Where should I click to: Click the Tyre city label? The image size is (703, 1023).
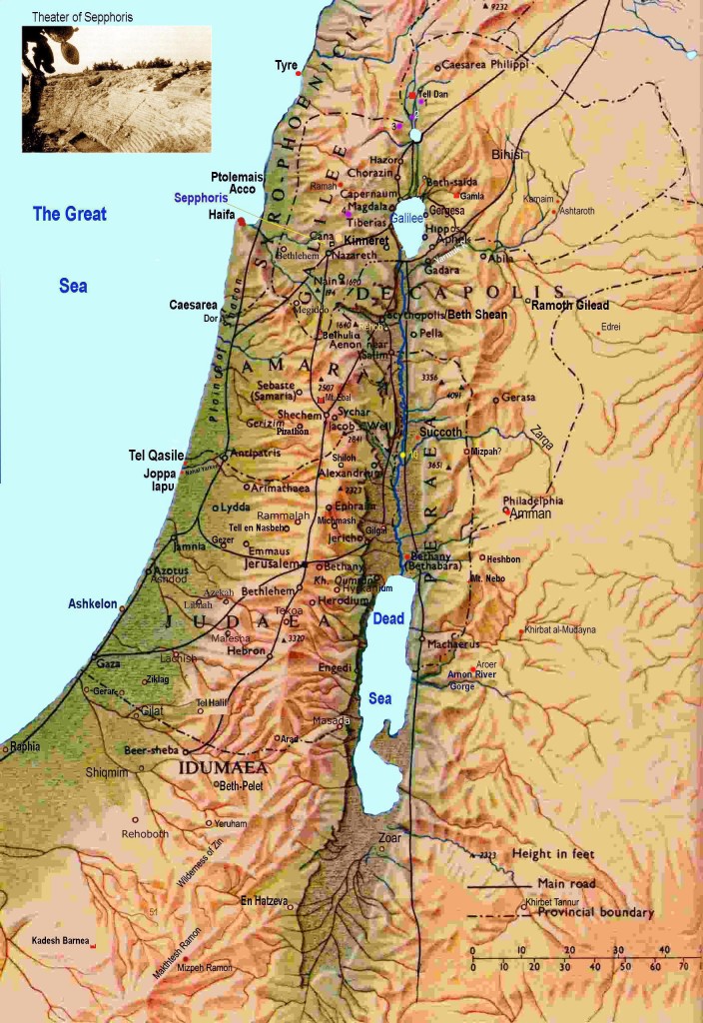click(286, 65)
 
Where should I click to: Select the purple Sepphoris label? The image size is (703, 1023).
click(201, 198)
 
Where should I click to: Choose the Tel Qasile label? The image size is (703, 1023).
click(157, 456)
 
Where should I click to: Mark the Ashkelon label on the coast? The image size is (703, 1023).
click(93, 604)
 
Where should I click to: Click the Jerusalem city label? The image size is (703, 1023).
click(272, 563)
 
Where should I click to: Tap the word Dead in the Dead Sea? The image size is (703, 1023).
click(388, 619)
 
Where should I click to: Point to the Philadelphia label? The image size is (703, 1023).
click(533, 501)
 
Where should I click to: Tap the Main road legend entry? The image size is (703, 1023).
click(567, 883)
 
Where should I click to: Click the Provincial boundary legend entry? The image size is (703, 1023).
click(595, 912)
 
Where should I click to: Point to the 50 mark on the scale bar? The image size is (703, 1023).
click(625, 968)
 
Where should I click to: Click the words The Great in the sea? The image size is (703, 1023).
click(70, 213)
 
